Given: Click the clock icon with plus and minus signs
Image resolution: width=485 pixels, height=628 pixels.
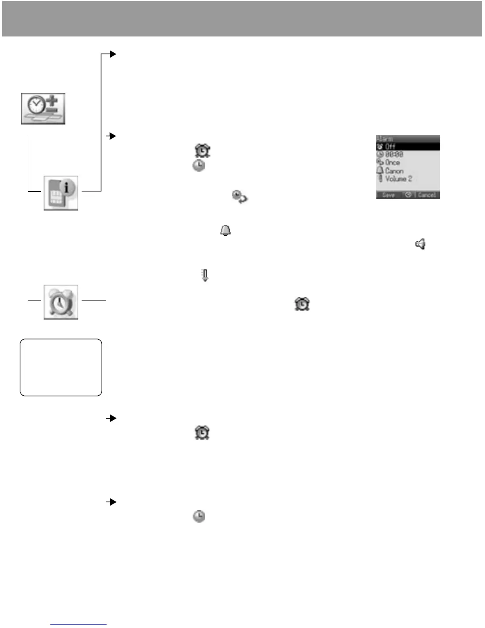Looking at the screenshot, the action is pos(43,109).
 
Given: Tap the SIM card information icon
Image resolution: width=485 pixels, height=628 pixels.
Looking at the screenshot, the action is pos(61,193).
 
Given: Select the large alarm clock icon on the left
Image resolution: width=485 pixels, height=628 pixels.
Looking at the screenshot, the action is pos(61,302).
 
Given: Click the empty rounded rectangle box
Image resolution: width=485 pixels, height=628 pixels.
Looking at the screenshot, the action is pos(61,367).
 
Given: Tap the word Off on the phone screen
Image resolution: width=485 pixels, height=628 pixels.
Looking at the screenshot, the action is pos(390,147).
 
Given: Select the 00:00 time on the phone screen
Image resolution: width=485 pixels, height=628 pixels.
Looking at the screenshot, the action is pos(394,155).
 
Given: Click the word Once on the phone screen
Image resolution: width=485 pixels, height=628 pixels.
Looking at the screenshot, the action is pos(392,163).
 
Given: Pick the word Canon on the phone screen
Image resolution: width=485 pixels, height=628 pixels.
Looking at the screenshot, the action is pos(394,171).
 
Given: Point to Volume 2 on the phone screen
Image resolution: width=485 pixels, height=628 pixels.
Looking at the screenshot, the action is pos(399,179).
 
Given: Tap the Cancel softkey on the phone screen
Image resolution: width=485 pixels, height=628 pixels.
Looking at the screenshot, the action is pos(426,195).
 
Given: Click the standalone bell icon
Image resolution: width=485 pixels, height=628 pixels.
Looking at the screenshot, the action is pos(225,230).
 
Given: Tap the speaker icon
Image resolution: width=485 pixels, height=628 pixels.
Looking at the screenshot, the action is pos(420,244).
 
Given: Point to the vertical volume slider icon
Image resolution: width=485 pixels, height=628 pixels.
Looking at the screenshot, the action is pos(205,275).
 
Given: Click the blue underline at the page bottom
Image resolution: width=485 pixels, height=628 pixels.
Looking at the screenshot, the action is pos(78,624).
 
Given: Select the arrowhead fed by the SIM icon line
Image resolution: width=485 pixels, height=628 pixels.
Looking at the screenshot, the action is pos(113,54).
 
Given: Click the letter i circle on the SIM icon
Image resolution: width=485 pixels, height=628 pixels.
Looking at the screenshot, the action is pos(67,188).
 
